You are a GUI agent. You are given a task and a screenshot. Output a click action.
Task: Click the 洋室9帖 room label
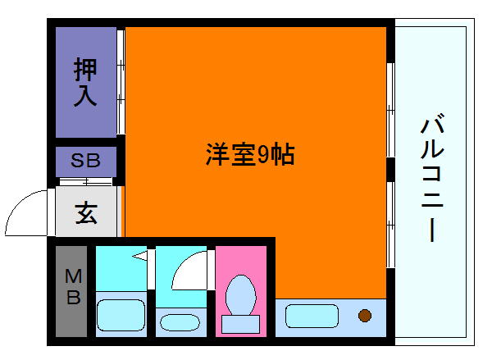coord(249,156)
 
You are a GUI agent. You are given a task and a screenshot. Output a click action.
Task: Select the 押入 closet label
coord(85,82)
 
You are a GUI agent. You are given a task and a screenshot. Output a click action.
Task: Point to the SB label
coord(85,161)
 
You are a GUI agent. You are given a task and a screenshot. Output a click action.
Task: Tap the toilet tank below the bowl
coord(241,323)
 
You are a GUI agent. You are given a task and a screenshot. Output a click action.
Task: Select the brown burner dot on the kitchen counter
coord(364,315)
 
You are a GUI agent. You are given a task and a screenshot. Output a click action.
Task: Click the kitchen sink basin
coord(312,316)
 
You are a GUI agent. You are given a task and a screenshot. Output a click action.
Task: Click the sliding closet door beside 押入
coord(121,82)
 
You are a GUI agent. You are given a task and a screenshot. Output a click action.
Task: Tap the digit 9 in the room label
coord(264,156)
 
